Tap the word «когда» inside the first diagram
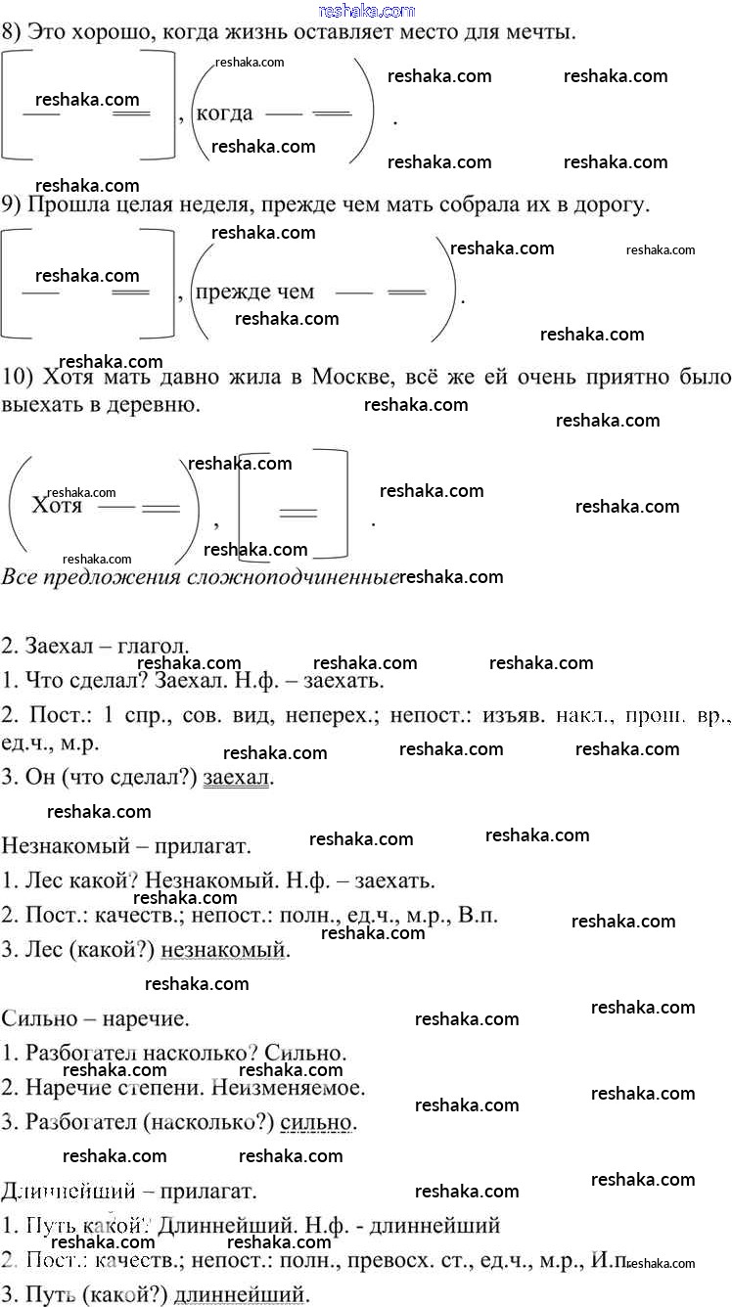pyautogui.click(x=225, y=113)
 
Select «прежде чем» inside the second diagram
pyautogui.click(x=255, y=292)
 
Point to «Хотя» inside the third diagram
pyautogui.click(x=57, y=506)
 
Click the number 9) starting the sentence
pyautogui.click(x=13, y=205)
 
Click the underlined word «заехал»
pyautogui.click(x=237, y=778)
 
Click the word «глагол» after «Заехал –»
pyautogui.click(x=153, y=647)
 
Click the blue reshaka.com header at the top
pyautogui.click(x=366, y=10)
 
